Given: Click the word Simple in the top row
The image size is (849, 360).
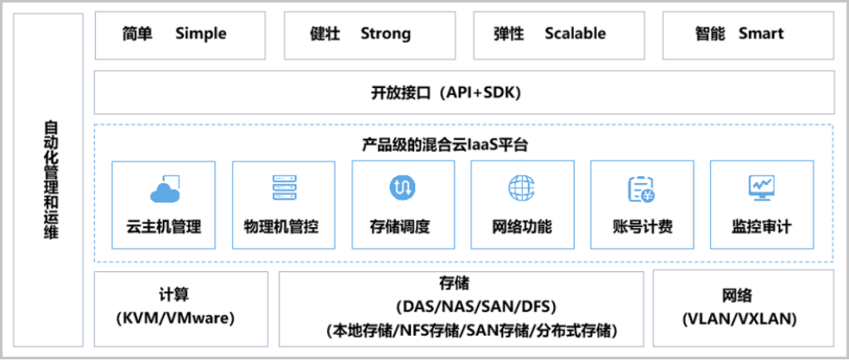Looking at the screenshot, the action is pos(200,34).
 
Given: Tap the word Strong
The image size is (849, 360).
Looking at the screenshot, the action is pos(385,34).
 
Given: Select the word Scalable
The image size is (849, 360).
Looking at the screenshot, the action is pos(575,34).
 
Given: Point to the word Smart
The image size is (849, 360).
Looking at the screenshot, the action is pos(761,34).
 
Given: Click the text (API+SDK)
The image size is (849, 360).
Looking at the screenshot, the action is pos(480,93).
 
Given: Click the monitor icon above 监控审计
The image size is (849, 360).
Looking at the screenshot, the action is pos(761,187).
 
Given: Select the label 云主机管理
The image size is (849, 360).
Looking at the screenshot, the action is pos(164,228).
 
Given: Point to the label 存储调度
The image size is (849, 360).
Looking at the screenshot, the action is pos(402,228).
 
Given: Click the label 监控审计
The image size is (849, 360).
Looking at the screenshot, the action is pos(761,228).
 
